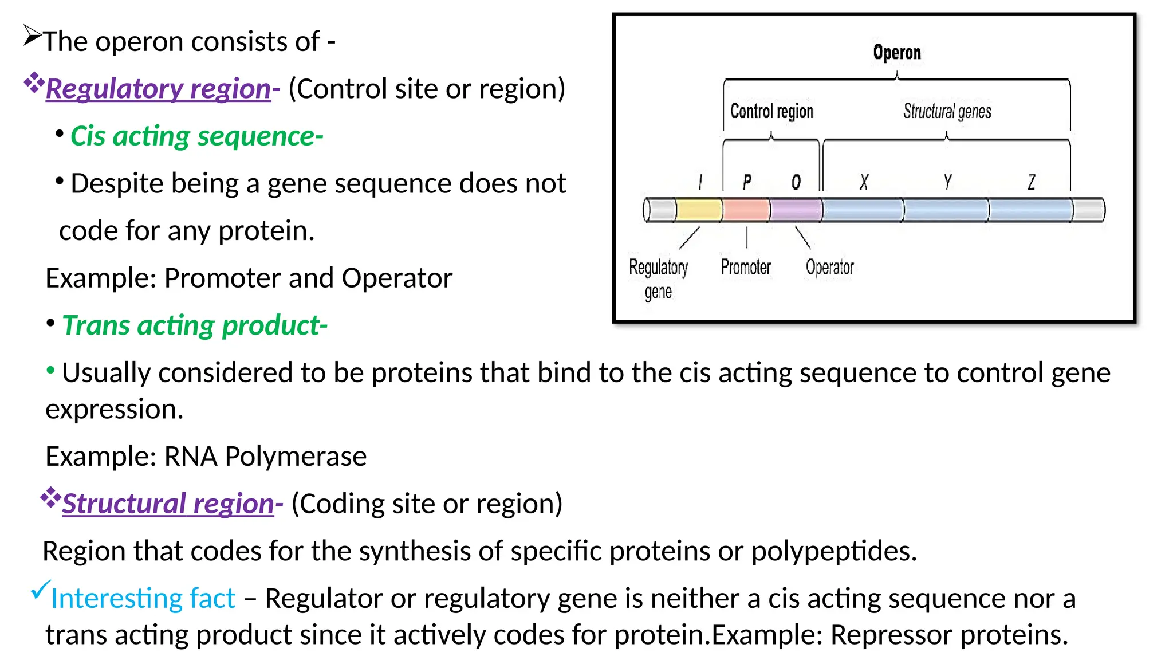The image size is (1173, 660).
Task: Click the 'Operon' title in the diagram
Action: [x=896, y=53]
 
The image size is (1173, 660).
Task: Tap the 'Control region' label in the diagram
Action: [x=771, y=111]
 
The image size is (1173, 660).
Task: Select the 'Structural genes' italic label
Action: [x=947, y=111]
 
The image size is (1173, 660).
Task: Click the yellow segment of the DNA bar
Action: [x=699, y=210]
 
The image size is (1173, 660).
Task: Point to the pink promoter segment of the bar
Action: [x=746, y=210]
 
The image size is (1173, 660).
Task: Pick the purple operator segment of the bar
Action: [x=796, y=210]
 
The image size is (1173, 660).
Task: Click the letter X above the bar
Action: [x=864, y=183]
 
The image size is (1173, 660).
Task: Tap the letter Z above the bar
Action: [x=1031, y=183]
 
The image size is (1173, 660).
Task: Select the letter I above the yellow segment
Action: [x=700, y=183]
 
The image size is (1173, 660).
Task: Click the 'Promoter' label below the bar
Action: [x=745, y=267]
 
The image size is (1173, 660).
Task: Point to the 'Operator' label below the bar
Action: [x=829, y=267]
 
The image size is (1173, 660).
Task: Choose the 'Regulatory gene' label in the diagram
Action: [x=658, y=279]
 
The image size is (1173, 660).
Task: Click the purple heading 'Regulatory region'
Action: [x=158, y=89]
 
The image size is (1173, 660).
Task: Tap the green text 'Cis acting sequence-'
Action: [x=196, y=136]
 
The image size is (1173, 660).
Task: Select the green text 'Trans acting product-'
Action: [x=195, y=325]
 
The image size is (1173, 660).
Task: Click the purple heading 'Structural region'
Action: [x=168, y=504]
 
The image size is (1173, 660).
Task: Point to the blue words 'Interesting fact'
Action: [x=143, y=599]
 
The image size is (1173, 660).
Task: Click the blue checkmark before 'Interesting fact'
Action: [x=41, y=590]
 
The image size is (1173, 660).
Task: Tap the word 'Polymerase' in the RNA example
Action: [x=295, y=457]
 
